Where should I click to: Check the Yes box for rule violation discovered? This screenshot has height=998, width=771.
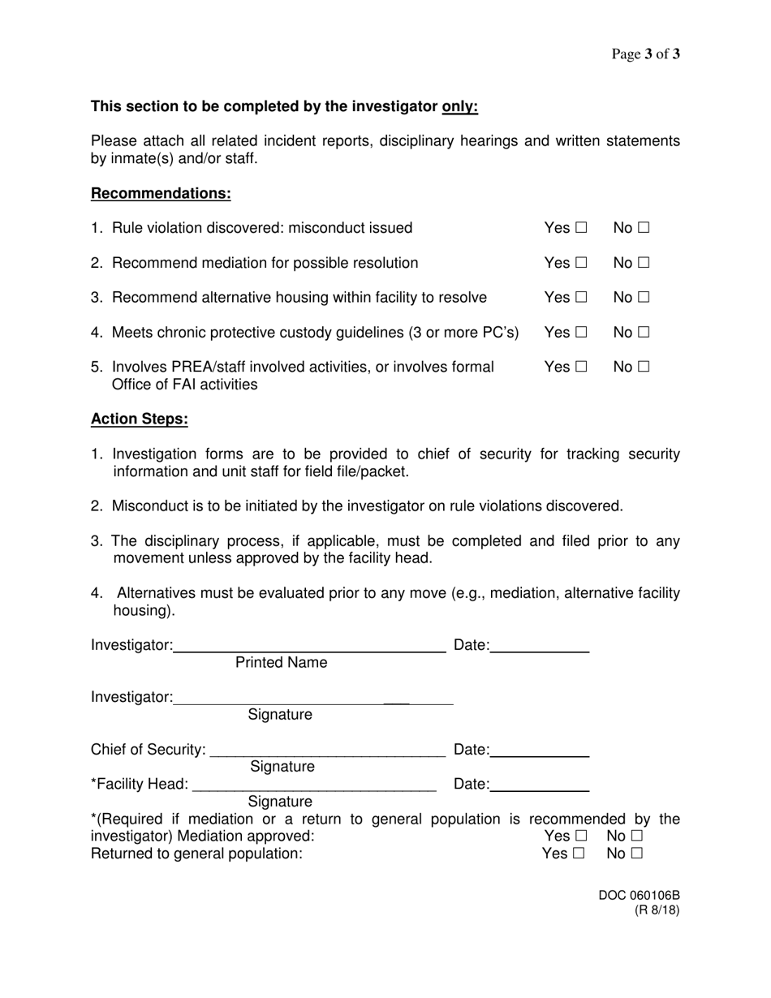tap(581, 229)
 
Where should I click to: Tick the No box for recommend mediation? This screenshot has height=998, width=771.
tap(644, 264)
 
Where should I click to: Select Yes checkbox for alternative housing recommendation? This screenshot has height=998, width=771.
tap(581, 298)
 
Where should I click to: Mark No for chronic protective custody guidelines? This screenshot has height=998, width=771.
tap(644, 333)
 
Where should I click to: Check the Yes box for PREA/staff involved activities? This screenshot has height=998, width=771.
tap(581, 368)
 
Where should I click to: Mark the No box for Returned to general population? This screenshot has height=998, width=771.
tap(637, 854)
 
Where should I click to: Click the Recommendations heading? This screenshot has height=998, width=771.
tap(161, 193)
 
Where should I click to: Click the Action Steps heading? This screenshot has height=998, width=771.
tap(140, 419)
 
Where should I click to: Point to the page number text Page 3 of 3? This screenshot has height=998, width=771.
tap(645, 54)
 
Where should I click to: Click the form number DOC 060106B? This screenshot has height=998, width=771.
tap(639, 896)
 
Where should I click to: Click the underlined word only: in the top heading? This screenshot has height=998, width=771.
tap(459, 106)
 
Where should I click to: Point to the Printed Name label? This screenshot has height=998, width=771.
tap(281, 663)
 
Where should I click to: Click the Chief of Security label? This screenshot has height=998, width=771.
tap(149, 751)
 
